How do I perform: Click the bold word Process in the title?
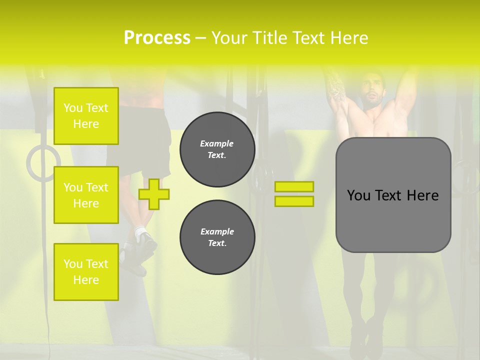pos(157,38)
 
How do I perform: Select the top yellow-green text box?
pos(86,116)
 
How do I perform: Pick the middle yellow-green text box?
pos(86,195)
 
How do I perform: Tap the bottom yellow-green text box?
pos(86,271)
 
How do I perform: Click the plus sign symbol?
pos(154,194)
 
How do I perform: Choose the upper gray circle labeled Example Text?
pos(217,149)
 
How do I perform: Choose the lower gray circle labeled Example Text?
pos(217,237)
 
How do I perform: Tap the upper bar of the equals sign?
pos(294,186)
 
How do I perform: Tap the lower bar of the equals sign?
pos(294,201)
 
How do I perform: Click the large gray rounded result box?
pos(393,195)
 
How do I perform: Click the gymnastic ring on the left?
pos(43,163)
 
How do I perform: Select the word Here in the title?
pos(349,38)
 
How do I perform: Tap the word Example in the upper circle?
pos(217,143)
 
